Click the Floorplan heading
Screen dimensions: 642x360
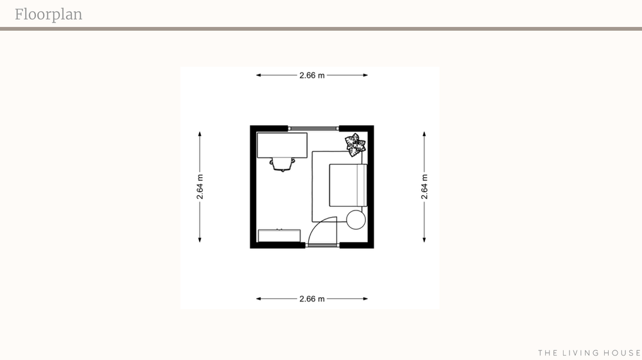[x=48, y=15]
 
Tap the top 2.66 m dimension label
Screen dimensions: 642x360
[x=312, y=75]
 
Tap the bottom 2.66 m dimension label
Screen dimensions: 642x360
[x=312, y=299]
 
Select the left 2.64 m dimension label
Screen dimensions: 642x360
[x=200, y=187]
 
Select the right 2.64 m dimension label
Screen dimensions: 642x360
[x=424, y=187]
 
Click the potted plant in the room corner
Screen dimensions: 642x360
[x=355, y=145]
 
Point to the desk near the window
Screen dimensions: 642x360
[x=282, y=145]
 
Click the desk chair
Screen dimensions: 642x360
[x=282, y=164]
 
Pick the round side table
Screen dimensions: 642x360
[x=356, y=219]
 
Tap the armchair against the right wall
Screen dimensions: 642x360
[x=348, y=185]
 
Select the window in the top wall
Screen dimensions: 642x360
[x=313, y=128]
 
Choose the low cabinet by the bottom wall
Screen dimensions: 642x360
[x=279, y=236]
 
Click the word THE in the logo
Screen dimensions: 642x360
[x=547, y=353]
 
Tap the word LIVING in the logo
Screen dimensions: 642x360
[x=580, y=353]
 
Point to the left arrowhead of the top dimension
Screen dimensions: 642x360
[x=259, y=75]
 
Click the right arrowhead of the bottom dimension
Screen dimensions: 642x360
[x=365, y=298]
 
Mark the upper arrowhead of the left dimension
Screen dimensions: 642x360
[x=200, y=134]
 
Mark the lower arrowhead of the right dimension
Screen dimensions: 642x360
[x=424, y=240]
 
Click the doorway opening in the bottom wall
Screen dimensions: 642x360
[x=322, y=245]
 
